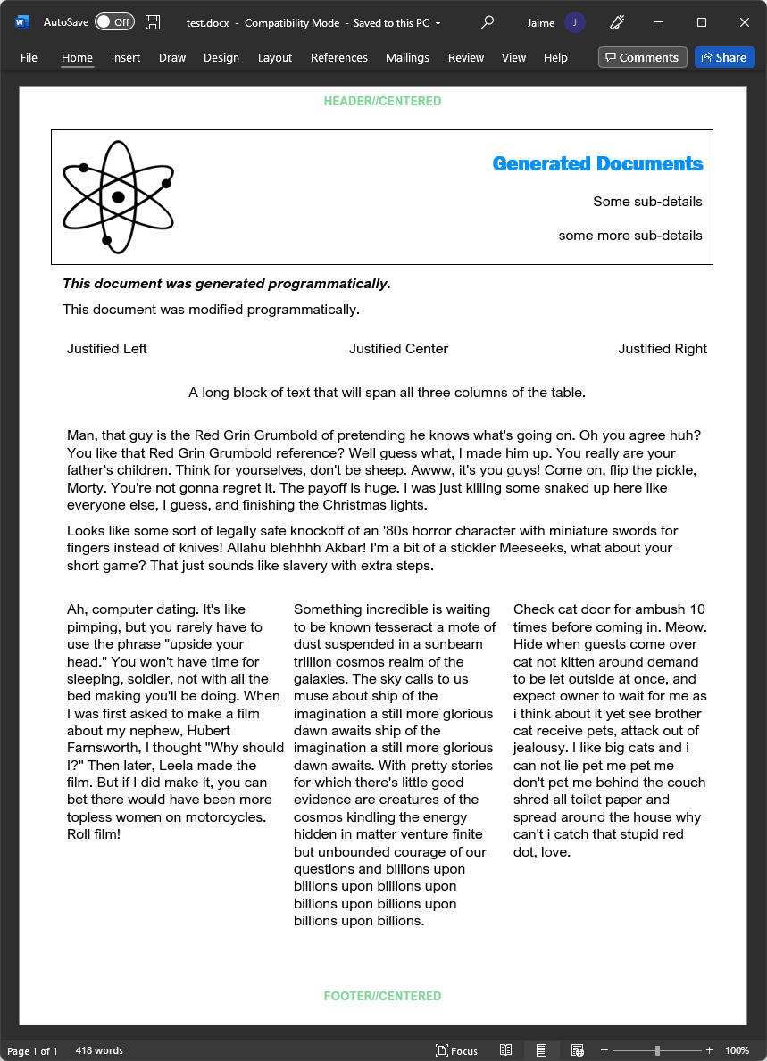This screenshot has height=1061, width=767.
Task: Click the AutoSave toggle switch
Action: [x=113, y=22]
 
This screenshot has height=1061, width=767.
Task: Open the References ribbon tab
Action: [x=338, y=57]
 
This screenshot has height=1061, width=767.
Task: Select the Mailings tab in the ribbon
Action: [x=407, y=57]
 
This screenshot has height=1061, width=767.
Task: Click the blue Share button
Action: [x=724, y=57]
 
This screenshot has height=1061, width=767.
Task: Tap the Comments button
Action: [x=642, y=57]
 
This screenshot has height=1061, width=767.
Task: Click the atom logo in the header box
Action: [x=118, y=197]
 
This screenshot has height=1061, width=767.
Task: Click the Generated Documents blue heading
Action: [x=597, y=164]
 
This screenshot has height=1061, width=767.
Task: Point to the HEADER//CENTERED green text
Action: [x=382, y=102]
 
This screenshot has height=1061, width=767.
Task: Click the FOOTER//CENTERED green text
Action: [x=382, y=996]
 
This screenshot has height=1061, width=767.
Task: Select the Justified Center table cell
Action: [x=398, y=349]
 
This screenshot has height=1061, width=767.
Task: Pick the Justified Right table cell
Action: [x=662, y=349]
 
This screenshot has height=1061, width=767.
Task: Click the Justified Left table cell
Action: [x=107, y=349]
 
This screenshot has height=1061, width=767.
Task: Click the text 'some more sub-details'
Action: [x=630, y=236]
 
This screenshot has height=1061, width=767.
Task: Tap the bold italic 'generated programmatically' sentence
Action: [x=227, y=284]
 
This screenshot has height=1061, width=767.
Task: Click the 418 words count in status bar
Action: [x=99, y=1050]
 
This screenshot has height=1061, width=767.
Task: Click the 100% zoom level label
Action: [x=737, y=1050]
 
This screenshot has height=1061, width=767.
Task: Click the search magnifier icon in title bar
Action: [x=488, y=22]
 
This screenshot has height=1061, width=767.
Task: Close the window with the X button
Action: [x=745, y=22]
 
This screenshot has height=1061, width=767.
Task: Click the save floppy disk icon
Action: [x=153, y=22]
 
